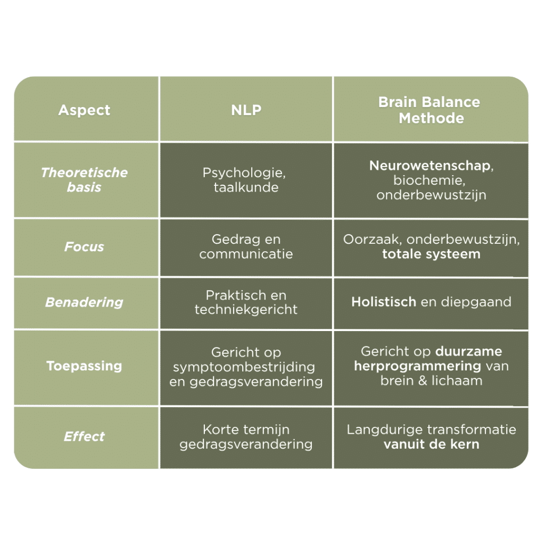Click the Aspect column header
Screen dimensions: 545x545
click(84, 110)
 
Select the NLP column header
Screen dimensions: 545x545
click(246, 110)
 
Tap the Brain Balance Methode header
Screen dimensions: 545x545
click(430, 110)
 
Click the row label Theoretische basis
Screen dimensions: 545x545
click(84, 180)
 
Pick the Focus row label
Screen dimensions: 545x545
click(84, 246)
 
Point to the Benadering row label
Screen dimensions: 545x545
click(84, 302)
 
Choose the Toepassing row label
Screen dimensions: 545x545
click(84, 366)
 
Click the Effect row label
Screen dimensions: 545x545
click(84, 436)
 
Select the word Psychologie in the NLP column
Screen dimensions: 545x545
click(243, 173)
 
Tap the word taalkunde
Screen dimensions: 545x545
click(246, 187)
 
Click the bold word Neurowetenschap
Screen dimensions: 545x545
click(430, 166)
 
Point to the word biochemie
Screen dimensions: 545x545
click(428, 180)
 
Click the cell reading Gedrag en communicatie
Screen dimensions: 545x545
click(246, 246)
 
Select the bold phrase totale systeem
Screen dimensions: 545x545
click(431, 254)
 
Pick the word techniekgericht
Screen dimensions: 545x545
click(246, 309)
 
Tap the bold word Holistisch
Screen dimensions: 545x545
click(384, 302)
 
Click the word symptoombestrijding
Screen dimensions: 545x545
click(244, 367)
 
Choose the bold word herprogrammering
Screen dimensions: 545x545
click(417, 366)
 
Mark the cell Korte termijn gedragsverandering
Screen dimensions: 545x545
click(246, 437)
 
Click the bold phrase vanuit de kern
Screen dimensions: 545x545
click(431, 444)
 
